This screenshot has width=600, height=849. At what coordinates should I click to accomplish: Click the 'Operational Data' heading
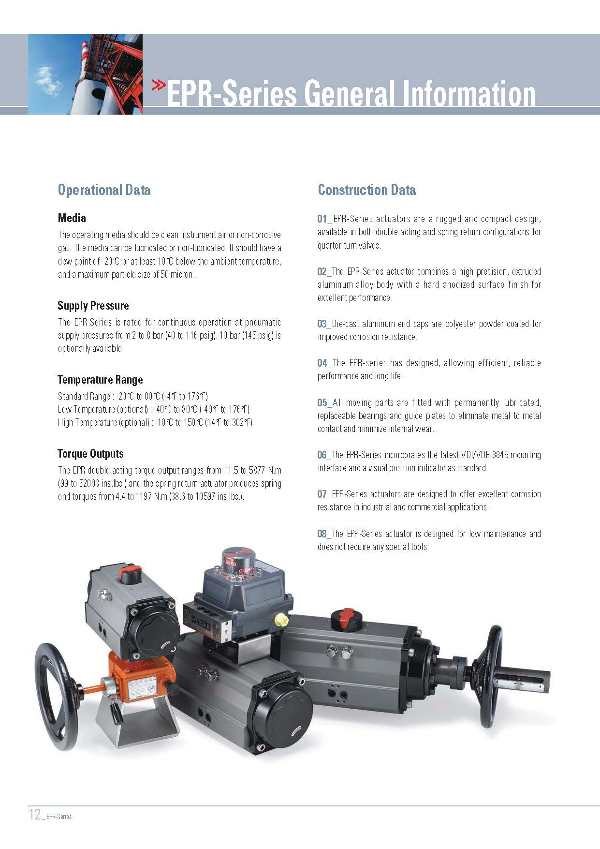[x=104, y=190]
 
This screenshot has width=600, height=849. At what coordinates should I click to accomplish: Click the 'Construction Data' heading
[x=366, y=190]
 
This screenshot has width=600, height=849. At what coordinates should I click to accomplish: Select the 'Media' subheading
[x=72, y=218]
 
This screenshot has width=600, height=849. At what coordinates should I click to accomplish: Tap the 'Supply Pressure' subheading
[x=93, y=306]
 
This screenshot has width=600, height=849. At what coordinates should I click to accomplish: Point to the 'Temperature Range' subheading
[x=100, y=380]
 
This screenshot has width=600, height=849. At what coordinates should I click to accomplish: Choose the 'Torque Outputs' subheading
[x=90, y=454]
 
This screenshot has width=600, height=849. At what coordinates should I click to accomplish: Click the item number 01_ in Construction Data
[x=324, y=219]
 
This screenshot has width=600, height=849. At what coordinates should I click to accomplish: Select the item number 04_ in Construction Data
[x=324, y=363]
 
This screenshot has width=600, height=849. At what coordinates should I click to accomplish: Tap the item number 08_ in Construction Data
[x=324, y=534]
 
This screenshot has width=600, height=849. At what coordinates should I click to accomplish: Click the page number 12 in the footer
[x=35, y=815]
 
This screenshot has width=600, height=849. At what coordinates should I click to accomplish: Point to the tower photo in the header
[x=85, y=74]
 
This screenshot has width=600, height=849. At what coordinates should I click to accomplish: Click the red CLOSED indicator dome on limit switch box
[x=238, y=560]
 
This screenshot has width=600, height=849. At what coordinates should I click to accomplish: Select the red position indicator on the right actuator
[x=346, y=619]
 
